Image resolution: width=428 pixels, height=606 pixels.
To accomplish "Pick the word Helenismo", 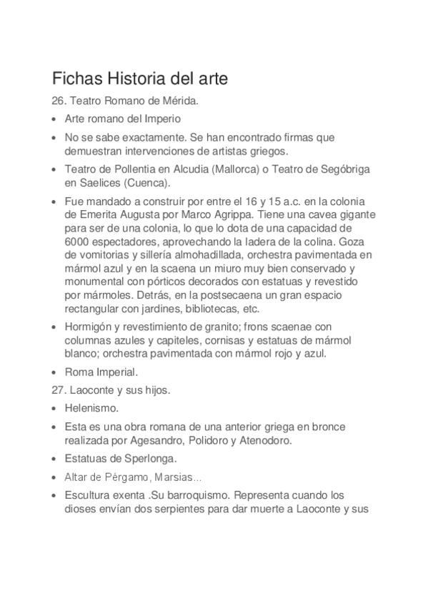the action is coord(91,409).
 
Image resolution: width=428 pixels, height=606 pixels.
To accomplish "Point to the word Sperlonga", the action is coord(141,458).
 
